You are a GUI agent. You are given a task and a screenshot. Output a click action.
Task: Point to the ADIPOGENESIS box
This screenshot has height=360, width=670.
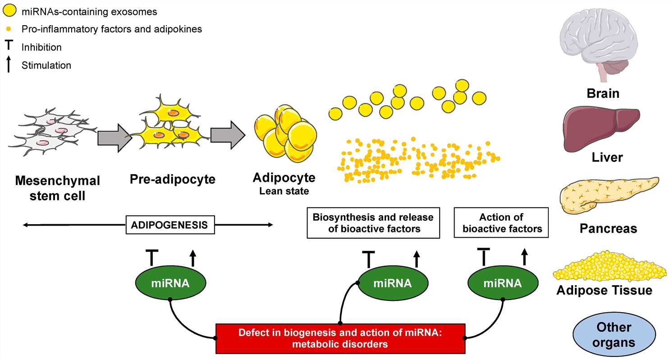(170, 225)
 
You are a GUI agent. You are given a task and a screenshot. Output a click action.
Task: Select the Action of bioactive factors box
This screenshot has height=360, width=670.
(501, 222)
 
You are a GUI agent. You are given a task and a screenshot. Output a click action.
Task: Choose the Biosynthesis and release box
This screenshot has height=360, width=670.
(373, 222)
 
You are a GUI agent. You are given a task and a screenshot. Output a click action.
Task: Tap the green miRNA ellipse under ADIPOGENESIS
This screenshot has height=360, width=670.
(171, 283)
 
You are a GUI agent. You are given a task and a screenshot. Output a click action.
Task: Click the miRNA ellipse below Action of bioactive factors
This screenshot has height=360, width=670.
(502, 283)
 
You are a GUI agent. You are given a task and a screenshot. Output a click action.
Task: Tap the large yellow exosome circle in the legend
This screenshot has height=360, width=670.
(10, 10)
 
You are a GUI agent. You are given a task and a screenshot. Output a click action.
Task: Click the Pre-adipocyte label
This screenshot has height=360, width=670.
(172, 179)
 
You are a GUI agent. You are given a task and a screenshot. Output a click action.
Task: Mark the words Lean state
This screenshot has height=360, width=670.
(284, 191)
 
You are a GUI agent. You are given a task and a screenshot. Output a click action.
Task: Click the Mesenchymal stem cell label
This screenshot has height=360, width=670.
(57, 188)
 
